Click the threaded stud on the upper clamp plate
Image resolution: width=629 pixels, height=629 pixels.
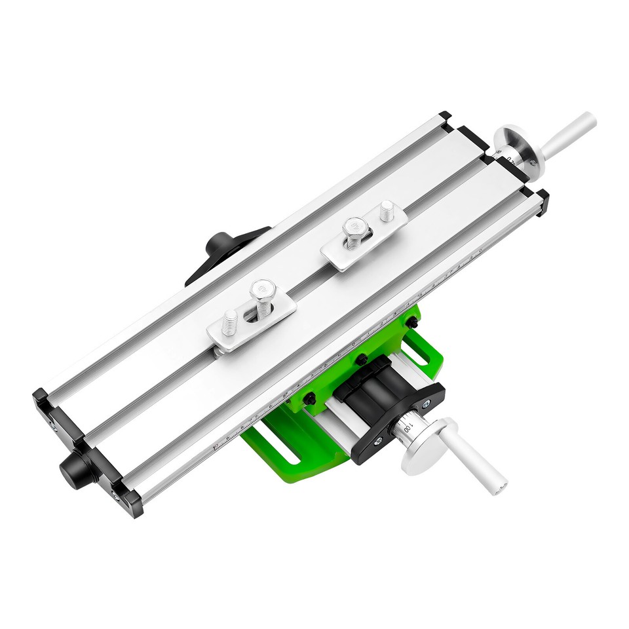387,211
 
